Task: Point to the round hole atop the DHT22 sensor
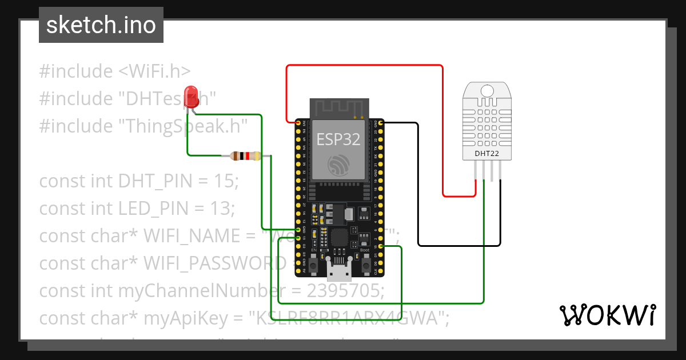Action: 486,91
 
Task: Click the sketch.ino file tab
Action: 101,25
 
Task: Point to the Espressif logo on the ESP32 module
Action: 338,165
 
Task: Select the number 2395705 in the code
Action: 345,291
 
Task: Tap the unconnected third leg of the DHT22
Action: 492,171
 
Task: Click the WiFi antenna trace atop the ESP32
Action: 338,107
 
